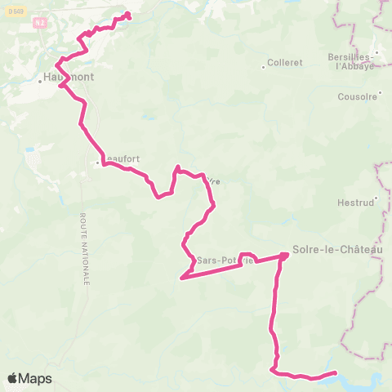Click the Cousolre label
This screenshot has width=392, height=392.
pyautogui.click(x=358, y=96)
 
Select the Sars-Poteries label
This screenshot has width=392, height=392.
pyautogui.click(x=220, y=261)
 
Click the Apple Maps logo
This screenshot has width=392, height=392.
pyautogui.click(x=29, y=379)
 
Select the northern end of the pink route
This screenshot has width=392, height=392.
pyautogui.click(x=128, y=14)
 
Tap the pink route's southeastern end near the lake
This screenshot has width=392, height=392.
pyautogui.click(x=336, y=373)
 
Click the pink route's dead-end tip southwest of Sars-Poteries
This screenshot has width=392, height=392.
pyautogui.click(x=180, y=278)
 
